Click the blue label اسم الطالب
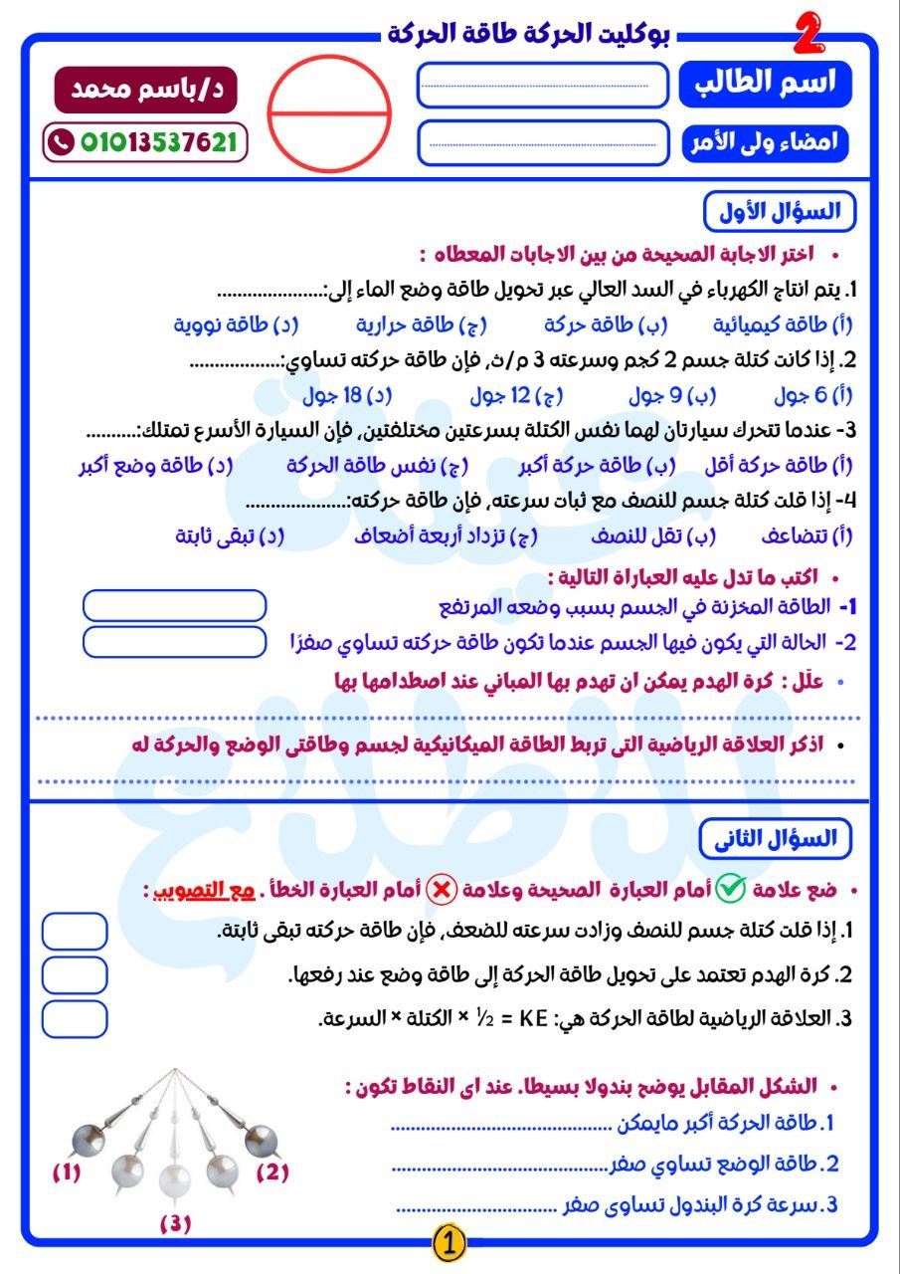tap(765, 84)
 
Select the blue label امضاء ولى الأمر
tap(765, 142)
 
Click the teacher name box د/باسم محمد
tap(146, 88)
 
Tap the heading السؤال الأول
tap(778, 211)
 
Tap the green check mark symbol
tap(730, 889)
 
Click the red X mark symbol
tap(441, 889)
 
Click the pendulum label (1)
tap(67, 1173)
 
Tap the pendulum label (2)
tap(272, 1171)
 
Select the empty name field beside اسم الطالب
tap(543, 85)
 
